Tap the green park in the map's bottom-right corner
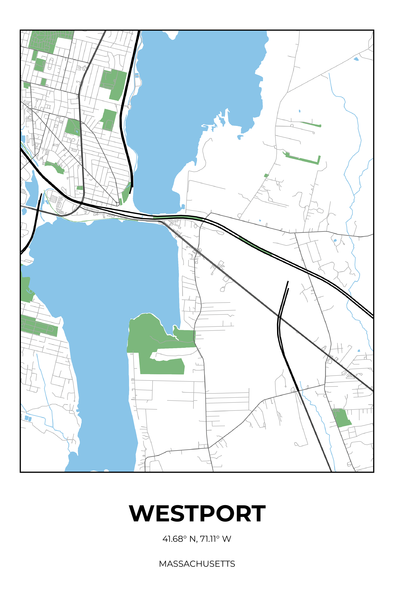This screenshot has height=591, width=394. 341,418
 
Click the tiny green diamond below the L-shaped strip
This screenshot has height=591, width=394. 266,175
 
